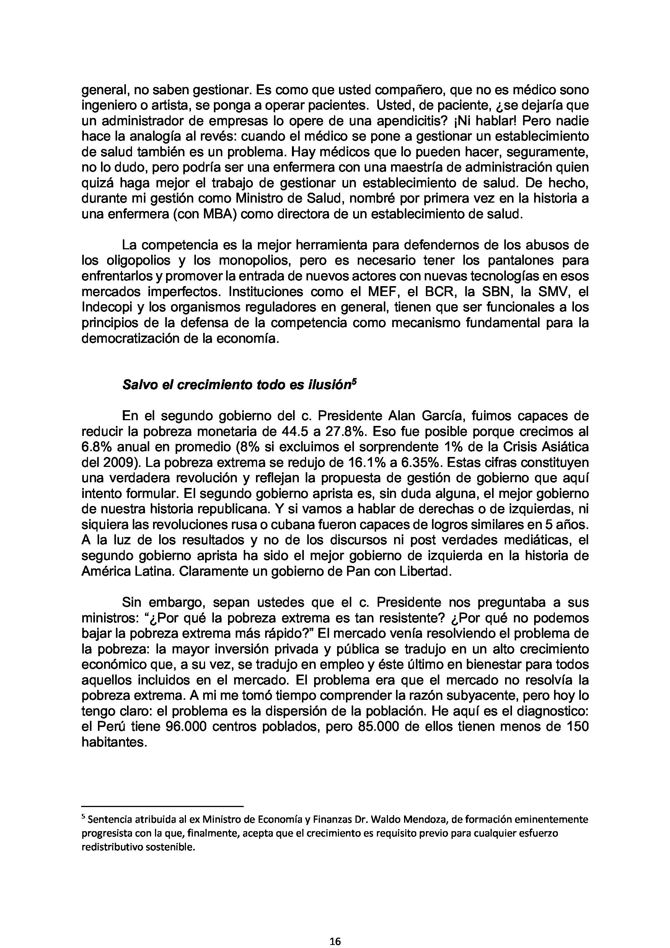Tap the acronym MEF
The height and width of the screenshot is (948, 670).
click(378, 292)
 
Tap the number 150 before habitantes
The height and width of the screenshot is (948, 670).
click(575, 727)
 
